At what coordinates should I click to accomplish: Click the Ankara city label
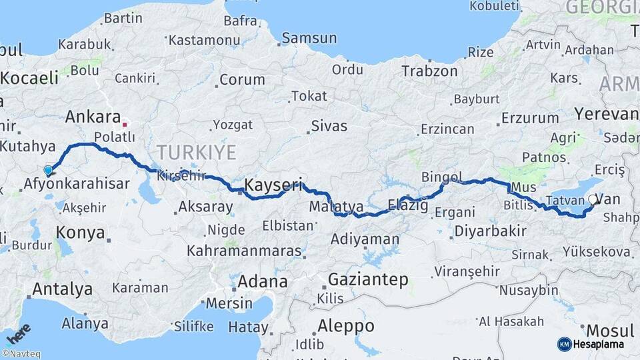coord(93,117)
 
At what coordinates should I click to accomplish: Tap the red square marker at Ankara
coord(125,124)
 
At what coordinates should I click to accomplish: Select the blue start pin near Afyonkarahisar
coord(48,171)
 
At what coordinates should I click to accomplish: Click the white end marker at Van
coord(593,199)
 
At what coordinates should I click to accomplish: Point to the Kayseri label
coord(273,184)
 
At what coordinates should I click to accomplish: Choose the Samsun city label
coord(309,39)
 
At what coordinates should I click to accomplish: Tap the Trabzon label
coord(429,71)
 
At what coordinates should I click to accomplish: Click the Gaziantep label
coord(368,280)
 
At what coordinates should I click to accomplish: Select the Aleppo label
coord(345,326)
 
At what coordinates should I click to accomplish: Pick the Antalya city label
coord(62,289)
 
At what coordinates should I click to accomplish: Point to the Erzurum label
coord(530,119)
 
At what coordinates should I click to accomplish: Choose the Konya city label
coord(80,233)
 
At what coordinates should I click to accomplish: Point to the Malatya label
coord(336,207)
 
